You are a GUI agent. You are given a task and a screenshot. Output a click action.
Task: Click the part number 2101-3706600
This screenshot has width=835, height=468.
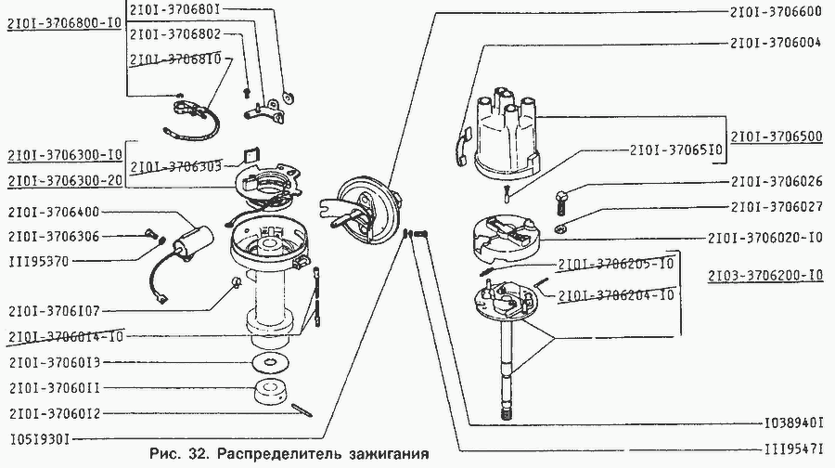pyautogui.click(x=776, y=12)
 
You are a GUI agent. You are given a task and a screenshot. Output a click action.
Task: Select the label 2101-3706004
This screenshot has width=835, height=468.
pyautogui.click(x=776, y=43)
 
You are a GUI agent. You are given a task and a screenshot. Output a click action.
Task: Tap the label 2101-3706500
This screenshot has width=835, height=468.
pyautogui.click(x=776, y=136)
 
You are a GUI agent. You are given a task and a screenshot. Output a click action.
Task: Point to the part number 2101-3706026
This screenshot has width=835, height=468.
pyautogui.click(x=776, y=181)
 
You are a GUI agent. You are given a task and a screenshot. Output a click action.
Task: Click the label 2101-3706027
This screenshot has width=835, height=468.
pyautogui.click(x=776, y=206)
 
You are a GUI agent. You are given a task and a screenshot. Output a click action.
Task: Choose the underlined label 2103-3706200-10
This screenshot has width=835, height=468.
pyautogui.click(x=764, y=276)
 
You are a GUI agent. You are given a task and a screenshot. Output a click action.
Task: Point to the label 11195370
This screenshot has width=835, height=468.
pyautogui.click(x=39, y=261)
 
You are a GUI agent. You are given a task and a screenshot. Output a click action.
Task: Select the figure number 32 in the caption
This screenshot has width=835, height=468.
pyautogui.click(x=195, y=456)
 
